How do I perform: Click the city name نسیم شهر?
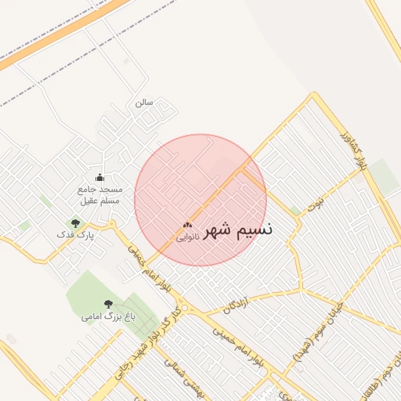(239, 231)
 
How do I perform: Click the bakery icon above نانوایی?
(187, 226)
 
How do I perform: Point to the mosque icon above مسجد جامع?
(99, 178)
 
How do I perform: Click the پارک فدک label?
(76, 234)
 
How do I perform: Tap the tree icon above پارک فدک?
(76, 223)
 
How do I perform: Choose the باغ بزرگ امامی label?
(108, 317)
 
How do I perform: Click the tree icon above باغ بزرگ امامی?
(108, 304)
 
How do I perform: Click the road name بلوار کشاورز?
(354, 152)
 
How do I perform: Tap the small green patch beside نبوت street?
(295, 210)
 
